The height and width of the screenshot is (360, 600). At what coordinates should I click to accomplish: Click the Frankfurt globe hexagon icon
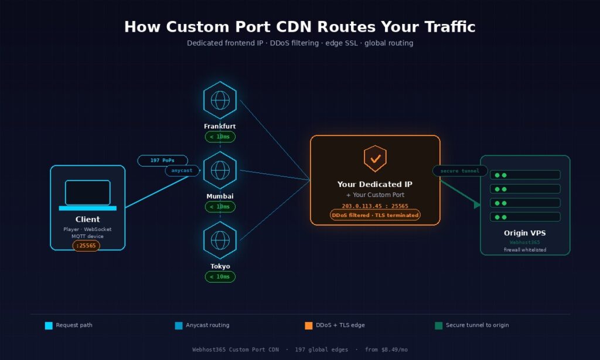coord(220,100)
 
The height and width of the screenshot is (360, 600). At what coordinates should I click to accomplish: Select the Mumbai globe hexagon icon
coord(220,170)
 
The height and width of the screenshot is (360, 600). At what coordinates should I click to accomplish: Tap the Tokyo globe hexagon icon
coord(220,240)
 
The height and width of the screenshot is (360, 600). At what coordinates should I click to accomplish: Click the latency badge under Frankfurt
coord(220,137)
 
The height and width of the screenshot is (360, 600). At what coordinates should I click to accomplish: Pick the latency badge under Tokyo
coord(220,276)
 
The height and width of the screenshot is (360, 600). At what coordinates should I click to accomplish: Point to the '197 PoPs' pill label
coord(162,160)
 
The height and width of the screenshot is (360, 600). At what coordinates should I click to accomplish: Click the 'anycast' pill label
coord(182,171)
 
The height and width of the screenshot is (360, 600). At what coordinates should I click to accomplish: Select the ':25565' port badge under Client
coord(86,246)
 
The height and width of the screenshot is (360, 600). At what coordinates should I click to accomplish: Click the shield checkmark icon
coord(375,158)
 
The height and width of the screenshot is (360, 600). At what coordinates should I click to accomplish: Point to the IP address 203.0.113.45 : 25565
coord(375,206)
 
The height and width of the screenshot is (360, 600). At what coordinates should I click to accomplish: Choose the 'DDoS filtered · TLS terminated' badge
coord(375,215)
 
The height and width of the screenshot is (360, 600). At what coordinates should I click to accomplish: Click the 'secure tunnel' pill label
coord(460,171)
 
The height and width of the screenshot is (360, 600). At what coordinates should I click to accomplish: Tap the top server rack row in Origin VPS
coord(525,175)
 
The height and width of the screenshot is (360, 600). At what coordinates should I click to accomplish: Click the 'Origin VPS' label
coord(525,233)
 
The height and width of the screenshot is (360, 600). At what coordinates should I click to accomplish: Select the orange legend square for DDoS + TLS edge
coord(309,325)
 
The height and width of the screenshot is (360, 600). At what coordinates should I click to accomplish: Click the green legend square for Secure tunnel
coord(439,325)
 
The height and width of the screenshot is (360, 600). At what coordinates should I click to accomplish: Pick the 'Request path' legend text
coord(74,325)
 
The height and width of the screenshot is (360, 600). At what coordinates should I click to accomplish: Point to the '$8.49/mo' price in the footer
coord(394,349)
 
